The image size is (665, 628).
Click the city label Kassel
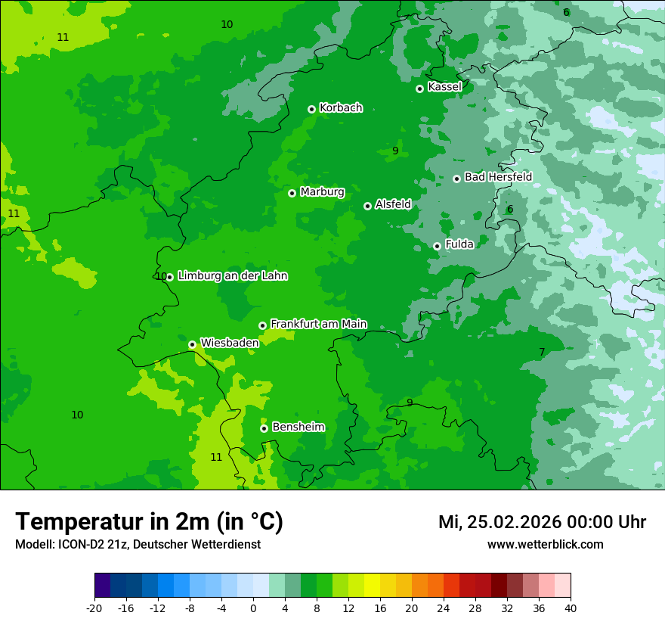(444, 87)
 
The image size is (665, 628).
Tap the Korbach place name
(341, 108)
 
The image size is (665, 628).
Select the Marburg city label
(322, 192)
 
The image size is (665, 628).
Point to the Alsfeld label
(393, 204)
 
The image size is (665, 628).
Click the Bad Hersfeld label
(498, 177)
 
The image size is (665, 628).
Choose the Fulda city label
(459, 244)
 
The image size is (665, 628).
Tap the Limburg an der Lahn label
(232, 276)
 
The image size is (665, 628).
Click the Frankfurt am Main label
(318, 324)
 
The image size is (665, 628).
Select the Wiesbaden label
(230, 343)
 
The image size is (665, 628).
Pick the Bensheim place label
(298, 427)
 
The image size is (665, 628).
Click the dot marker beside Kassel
(419, 89)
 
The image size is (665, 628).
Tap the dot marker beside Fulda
(437, 246)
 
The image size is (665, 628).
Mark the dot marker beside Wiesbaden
(192, 344)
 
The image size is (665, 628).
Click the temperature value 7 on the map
(542, 352)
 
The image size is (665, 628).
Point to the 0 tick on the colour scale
(253, 608)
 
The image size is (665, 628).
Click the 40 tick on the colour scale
(570, 608)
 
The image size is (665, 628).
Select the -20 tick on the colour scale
(94, 608)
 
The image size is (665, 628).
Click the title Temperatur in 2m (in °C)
(149, 522)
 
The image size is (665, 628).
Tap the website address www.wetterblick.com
(545, 545)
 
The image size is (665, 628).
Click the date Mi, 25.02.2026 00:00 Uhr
(542, 522)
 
